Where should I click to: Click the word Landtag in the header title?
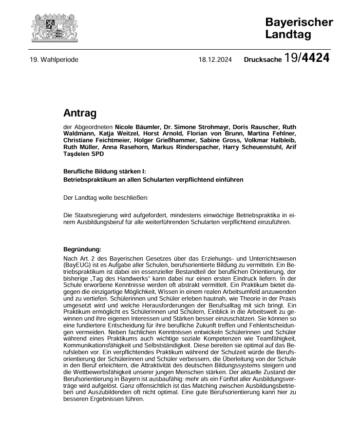tap(288, 34)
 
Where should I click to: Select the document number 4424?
tap(315, 59)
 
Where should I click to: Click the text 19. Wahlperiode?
tap(54, 60)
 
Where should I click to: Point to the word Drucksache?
tap(263, 60)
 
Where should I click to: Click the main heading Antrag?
tap(80, 114)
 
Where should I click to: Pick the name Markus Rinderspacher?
tap(189, 147)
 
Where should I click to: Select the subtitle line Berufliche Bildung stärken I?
tap(105, 171)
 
